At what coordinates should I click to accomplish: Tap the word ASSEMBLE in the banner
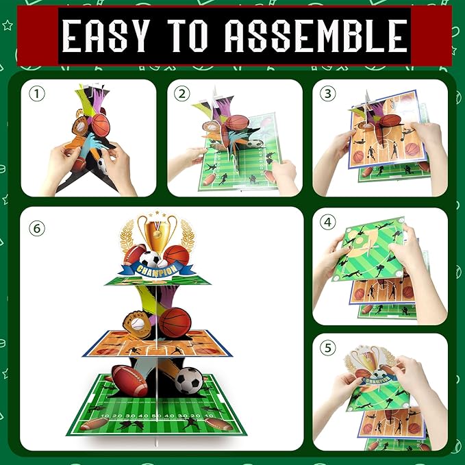pos(316,36)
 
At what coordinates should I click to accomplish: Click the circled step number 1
pos(37,94)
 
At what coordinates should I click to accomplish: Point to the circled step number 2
pos(181,94)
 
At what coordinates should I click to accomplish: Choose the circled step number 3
pos(327,94)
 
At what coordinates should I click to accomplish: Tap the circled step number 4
pos(328,222)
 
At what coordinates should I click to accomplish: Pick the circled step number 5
pos(328,348)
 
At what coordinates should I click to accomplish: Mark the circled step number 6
pos(37,229)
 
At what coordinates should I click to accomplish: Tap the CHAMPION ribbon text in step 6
pos(157,269)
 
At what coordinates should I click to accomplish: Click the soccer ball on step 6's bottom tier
pos(188,381)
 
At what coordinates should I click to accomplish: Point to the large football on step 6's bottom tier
pos(129,381)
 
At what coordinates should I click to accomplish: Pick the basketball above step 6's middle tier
pos(175,323)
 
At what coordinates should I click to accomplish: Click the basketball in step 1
pos(101,125)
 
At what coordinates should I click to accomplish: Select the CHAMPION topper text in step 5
pos(378,380)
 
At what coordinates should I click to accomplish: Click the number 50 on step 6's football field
pos(157,416)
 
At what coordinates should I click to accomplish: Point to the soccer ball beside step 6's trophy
pos(150,260)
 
